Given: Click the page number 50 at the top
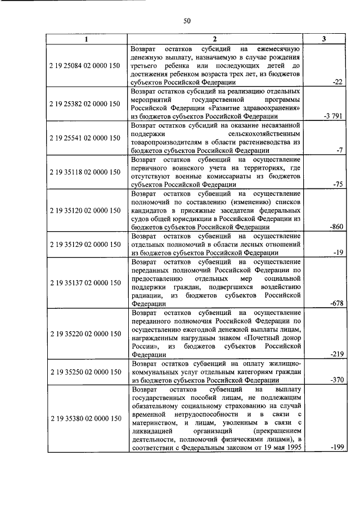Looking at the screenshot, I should (x=187, y=21).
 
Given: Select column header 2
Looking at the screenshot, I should (x=214, y=39).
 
